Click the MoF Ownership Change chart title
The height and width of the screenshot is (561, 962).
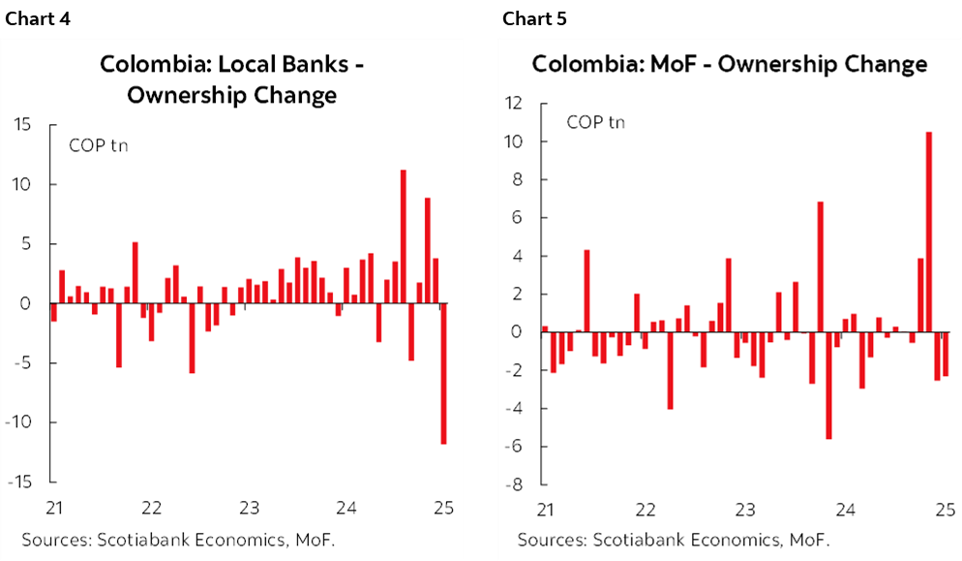coord(729,65)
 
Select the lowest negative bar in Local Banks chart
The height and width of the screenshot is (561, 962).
coord(443,373)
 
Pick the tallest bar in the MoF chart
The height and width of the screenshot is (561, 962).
coord(928,232)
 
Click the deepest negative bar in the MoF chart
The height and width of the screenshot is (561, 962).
coord(828,385)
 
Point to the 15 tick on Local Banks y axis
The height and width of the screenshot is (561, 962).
coord(22,125)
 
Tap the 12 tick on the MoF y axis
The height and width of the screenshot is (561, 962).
coord(513,104)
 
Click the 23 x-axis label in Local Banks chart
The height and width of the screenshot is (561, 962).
coord(249,508)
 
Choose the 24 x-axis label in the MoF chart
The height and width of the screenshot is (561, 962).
coord(845,509)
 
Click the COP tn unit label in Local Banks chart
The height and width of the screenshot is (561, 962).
coord(98,146)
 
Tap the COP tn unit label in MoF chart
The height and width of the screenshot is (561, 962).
coord(595,122)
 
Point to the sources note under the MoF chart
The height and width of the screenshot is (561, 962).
coord(674,540)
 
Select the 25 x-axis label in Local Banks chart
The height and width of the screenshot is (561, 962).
coord(443,508)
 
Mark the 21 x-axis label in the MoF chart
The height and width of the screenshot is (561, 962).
coord(546,509)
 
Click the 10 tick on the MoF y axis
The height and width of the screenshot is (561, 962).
coord(513,141)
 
